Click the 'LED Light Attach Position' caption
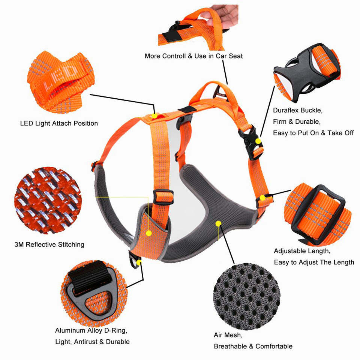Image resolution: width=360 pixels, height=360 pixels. [59, 123]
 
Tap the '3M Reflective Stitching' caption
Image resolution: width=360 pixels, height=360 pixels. [49, 244]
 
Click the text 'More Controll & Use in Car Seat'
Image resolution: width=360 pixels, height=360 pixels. [193, 56]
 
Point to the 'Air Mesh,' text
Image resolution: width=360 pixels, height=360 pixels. [228, 335]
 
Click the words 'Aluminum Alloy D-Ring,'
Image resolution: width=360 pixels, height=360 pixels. [91, 331]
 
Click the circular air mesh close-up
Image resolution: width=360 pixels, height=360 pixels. [247, 296]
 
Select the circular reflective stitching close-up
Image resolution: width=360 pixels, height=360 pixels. [48, 200]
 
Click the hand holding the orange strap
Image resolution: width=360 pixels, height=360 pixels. [224, 16]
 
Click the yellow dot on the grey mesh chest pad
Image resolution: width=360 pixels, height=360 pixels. [218, 223]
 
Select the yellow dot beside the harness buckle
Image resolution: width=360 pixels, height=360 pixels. [258, 141]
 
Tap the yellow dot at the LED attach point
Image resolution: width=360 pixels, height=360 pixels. [154, 116]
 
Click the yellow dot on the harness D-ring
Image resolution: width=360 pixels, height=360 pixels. [138, 262]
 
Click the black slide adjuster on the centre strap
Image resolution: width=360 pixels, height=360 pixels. [163, 197]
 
